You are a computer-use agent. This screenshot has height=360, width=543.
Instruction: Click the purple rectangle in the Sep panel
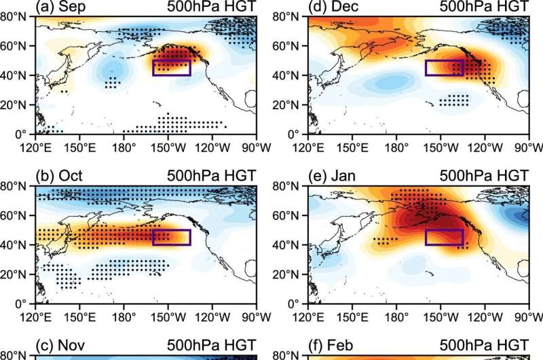coord(171,68)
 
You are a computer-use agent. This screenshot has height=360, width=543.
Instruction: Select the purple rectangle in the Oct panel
coord(171,237)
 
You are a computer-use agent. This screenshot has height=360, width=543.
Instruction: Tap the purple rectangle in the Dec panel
coord(444,68)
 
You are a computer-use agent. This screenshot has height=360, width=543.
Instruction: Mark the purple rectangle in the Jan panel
coord(444,237)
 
